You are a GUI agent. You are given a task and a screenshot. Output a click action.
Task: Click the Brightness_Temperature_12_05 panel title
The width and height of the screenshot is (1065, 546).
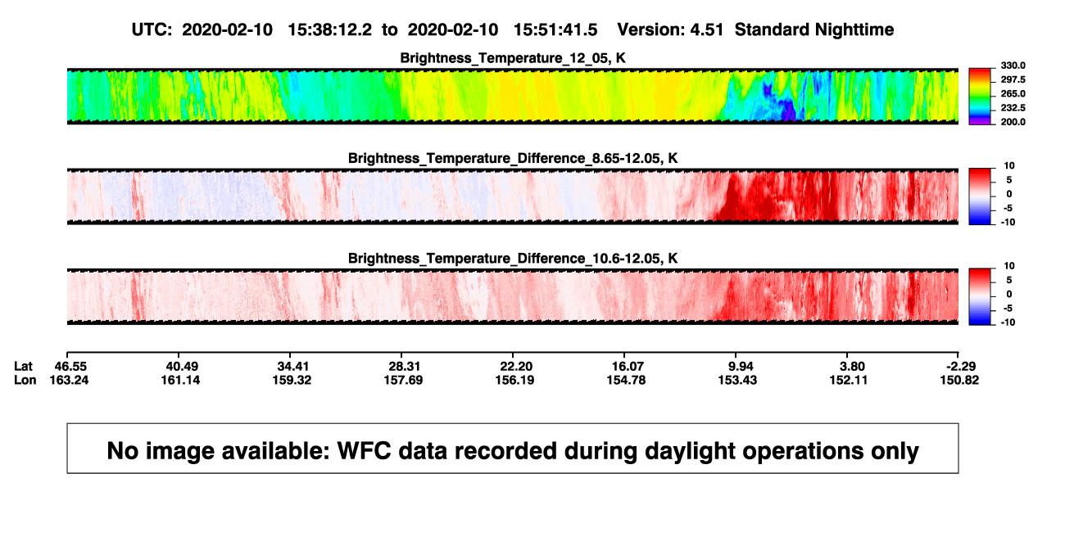click(513, 58)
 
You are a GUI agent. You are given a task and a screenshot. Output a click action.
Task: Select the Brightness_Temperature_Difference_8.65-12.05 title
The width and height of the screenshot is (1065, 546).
click(513, 158)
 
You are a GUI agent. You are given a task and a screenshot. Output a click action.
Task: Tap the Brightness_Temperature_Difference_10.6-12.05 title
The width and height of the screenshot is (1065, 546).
click(513, 259)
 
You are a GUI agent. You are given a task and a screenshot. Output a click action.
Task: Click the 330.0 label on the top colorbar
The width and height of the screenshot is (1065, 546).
click(1013, 65)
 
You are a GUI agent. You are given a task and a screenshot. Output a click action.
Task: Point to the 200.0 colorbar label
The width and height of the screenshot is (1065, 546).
click(1013, 122)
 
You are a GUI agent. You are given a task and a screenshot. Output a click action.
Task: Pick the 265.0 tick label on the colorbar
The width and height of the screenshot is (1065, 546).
click(1013, 93)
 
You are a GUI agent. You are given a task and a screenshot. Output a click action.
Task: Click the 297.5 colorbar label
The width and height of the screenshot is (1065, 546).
click(1013, 79)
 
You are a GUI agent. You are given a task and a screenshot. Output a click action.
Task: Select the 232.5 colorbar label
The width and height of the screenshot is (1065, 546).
click(1013, 108)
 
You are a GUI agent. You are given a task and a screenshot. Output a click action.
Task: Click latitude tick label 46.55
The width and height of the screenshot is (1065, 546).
click(70, 367)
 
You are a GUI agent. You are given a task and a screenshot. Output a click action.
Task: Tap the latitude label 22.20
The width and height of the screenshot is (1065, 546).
click(516, 367)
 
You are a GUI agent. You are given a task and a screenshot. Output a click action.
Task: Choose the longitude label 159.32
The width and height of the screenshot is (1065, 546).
click(292, 380)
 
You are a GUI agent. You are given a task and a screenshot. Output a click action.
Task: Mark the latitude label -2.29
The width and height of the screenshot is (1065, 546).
click(961, 367)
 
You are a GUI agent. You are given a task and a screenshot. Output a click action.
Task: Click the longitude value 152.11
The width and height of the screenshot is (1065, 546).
click(849, 380)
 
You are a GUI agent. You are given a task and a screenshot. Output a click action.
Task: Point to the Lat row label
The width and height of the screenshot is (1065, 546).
click(23, 367)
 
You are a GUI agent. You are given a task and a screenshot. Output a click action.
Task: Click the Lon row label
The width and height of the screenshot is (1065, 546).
click(25, 380)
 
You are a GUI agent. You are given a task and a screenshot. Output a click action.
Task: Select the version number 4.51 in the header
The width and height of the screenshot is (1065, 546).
click(706, 29)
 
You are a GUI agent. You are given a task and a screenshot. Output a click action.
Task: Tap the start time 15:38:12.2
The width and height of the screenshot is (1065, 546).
click(329, 29)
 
